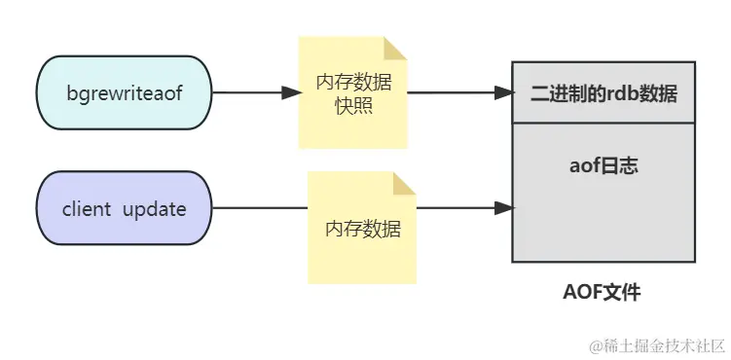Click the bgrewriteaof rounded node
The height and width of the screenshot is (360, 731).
(x=124, y=93)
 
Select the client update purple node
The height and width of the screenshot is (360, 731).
(x=124, y=208)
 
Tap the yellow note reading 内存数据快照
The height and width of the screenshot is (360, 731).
(x=352, y=93)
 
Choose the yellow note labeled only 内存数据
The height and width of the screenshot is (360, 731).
(x=362, y=230)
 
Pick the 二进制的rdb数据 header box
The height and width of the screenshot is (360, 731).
(x=603, y=93)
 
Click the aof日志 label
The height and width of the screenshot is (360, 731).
(x=603, y=165)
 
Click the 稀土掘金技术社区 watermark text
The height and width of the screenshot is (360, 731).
(x=663, y=344)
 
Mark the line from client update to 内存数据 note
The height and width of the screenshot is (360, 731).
(x=259, y=208)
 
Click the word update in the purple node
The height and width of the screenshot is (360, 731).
(x=154, y=209)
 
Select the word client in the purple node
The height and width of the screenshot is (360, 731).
(x=86, y=209)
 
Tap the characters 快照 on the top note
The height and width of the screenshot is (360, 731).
(x=353, y=105)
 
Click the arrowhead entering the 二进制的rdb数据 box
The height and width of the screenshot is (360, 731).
(x=504, y=93)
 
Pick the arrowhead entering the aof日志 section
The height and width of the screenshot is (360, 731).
(x=504, y=208)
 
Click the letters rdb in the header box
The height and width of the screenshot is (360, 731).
(x=618, y=94)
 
